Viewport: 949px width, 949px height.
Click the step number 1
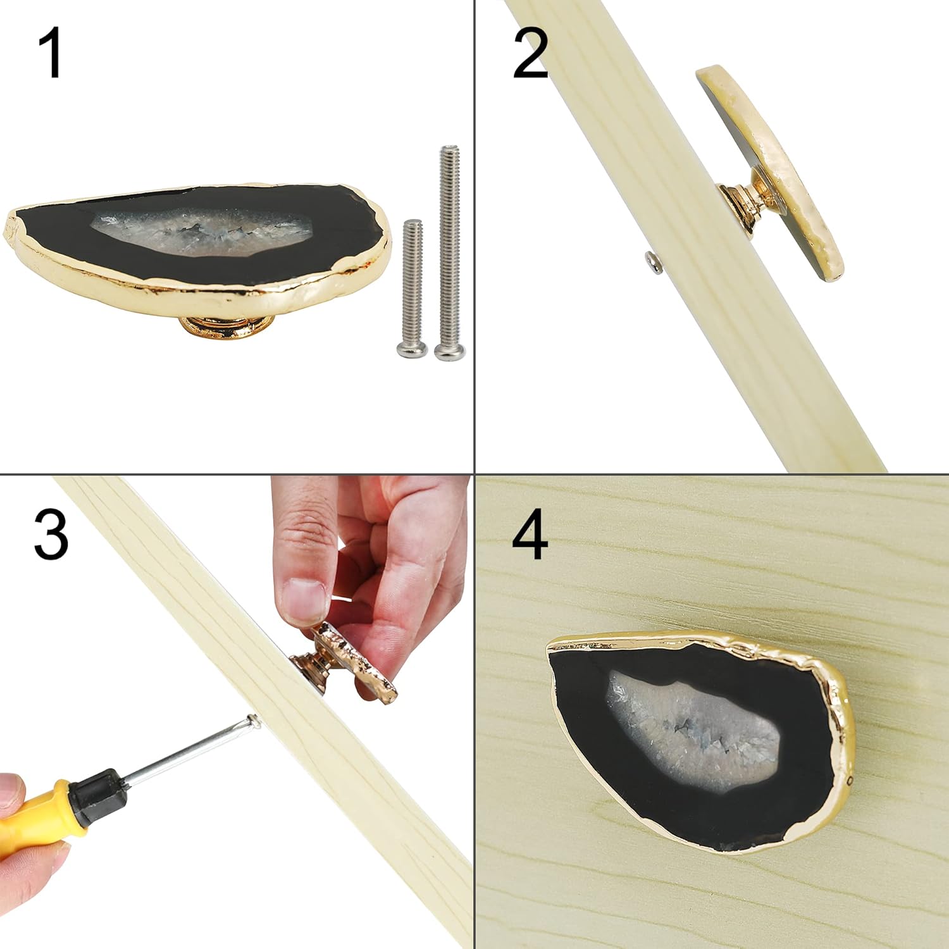50,54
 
